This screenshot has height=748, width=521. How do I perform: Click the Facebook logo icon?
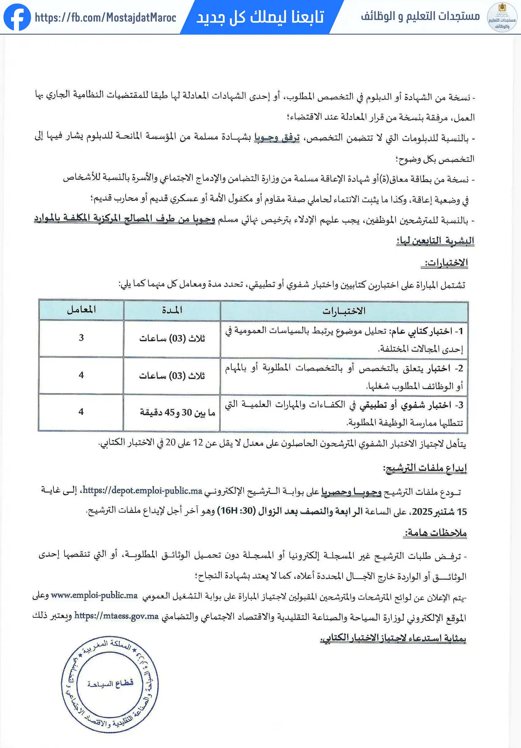click(17, 17)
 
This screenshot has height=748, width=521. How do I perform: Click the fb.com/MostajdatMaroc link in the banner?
click(105, 17)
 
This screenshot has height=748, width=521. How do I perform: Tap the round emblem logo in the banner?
click(502, 17)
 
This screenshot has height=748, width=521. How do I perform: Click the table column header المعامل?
click(81, 309)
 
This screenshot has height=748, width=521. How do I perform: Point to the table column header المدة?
click(172, 310)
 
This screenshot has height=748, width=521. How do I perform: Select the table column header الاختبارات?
click(344, 311)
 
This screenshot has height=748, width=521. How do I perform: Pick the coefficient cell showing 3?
click(81, 337)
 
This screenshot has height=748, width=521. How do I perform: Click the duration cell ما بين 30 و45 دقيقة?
click(177, 412)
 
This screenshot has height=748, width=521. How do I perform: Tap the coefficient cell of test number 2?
click(81, 375)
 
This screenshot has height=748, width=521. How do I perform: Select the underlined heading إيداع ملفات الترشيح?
click(425, 468)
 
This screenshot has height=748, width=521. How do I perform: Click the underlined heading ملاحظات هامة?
click(435, 533)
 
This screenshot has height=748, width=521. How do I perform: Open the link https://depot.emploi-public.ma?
click(143, 490)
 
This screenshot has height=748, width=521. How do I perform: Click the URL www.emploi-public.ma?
click(94, 595)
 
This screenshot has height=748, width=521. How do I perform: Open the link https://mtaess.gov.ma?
click(116, 616)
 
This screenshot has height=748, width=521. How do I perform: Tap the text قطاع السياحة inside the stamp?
click(110, 683)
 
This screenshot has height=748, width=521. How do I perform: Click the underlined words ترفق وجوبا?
click(277, 138)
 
